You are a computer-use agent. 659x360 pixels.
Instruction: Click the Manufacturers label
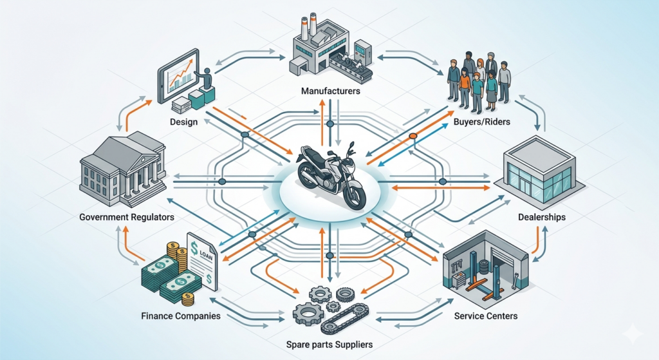(x=330, y=91)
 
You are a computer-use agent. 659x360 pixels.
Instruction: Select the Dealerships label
(x=541, y=218)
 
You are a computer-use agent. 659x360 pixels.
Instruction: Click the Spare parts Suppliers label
(x=329, y=345)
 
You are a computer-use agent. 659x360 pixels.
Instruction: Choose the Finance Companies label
(x=181, y=316)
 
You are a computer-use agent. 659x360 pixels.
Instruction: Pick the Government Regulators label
(x=127, y=218)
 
